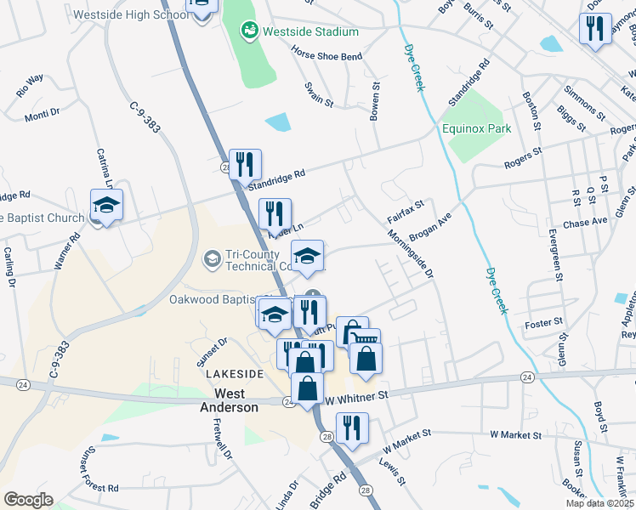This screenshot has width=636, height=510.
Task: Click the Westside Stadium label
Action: [x=309, y=31]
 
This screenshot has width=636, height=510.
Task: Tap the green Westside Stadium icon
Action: [x=249, y=31]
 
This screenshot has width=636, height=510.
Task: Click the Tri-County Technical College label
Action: [x=257, y=260]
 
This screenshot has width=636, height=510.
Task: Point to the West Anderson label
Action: [x=236, y=400]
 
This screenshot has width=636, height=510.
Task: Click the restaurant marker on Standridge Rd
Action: [x=246, y=164]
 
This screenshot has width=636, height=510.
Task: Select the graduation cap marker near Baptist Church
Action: [x=107, y=205]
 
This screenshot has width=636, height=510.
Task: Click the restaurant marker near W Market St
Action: [x=351, y=428]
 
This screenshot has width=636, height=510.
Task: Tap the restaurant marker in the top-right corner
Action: [x=594, y=29]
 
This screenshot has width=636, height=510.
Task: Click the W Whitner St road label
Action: [x=356, y=395]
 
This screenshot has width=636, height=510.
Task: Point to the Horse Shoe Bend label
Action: [x=327, y=57]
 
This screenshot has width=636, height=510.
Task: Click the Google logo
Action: [x=28, y=499]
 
